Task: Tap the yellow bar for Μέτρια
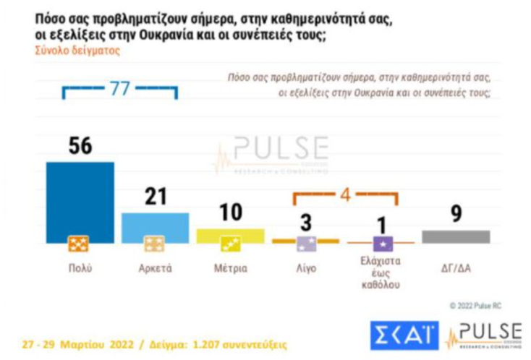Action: click(x=231, y=234)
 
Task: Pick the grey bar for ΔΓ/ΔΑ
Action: click(x=456, y=236)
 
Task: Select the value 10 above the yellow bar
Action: click(x=231, y=213)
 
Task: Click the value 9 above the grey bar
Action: click(x=456, y=214)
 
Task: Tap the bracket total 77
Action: click(x=119, y=88)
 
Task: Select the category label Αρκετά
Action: click(x=155, y=267)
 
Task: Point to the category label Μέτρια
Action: click(x=231, y=267)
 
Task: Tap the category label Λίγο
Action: click(x=306, y=267)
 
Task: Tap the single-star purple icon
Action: click(x=381, y=244)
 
